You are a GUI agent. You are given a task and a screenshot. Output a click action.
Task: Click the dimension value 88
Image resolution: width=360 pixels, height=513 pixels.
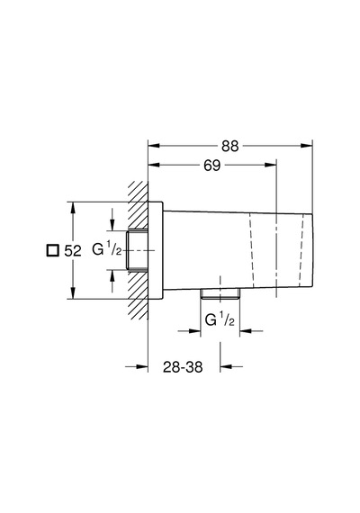tap(230, 146)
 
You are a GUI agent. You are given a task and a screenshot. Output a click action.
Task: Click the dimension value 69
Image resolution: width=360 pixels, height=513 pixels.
tap(212, 166)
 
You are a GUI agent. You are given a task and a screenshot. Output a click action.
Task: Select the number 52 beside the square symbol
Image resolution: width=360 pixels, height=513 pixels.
tap(73, 251)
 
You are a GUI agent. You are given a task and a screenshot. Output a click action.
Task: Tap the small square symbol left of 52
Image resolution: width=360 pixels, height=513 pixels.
tap(52, 250)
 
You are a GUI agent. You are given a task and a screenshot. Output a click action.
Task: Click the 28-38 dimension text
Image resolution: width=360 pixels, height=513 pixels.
tap(183, 367)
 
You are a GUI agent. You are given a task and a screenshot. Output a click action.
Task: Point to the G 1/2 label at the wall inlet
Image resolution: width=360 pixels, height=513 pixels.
tap(107, 250)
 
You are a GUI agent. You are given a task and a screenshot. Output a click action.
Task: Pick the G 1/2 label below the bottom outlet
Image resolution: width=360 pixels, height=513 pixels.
tap(220, 319)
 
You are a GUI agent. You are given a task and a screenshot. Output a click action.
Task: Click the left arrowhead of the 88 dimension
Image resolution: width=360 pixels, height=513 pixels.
tap(154, 146)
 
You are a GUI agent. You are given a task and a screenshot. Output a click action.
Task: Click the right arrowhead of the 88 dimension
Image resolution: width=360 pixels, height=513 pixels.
tap(307, 146)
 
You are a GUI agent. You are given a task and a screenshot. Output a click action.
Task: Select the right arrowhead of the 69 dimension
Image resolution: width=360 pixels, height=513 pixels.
tap(271, 165)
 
